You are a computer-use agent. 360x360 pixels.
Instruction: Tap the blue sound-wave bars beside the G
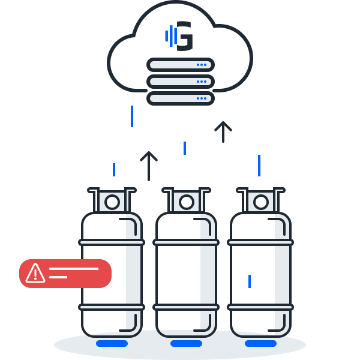(x=171, y=36)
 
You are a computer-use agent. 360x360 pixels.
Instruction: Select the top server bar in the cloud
(x=180, y=65)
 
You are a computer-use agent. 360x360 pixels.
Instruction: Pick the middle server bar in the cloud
(x=180, y=82)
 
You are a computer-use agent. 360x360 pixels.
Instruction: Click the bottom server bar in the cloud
(x=180, y=98)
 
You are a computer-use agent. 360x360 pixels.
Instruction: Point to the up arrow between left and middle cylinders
(x=148, y=165)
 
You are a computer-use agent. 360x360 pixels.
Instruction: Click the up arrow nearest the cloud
(x=223, y=131)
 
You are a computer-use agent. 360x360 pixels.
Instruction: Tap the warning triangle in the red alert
(x=35, y=273)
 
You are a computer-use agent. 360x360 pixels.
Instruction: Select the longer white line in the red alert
(x=73, y=269)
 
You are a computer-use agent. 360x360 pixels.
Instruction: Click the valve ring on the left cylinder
(x=112, y=202)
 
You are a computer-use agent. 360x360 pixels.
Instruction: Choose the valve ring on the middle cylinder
(x=187, y=202)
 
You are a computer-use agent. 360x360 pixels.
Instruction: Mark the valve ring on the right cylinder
(x=261, y=202)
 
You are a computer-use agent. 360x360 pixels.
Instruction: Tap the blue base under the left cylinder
(x=112, y=344)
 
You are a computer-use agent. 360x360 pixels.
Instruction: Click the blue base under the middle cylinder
(x=186, y=344)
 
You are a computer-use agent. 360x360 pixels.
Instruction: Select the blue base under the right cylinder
(x=260, y=344)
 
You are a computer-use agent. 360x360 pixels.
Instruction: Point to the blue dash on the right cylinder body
(x=250, y=281)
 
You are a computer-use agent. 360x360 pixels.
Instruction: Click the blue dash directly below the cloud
(x=132, y=116)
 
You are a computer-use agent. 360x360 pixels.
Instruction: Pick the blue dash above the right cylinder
(x=259, y=165)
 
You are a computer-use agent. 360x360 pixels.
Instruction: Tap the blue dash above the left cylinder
(x=114, y=169)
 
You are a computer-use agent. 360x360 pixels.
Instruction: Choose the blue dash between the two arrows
(x=185, y=148)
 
